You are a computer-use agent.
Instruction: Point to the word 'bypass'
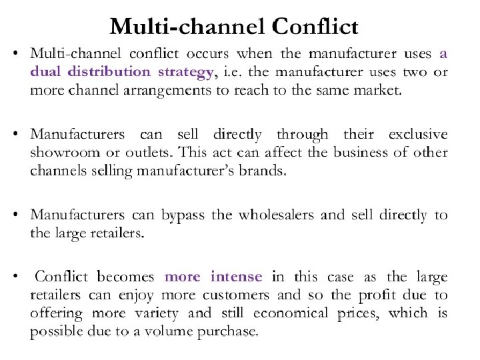[181, 215]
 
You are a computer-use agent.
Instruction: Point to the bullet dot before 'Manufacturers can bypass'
[20, 215]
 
